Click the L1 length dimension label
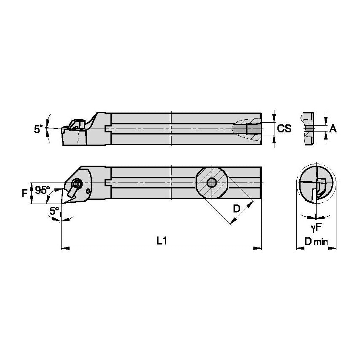point(162,241)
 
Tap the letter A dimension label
point(333,129)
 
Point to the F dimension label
point(24,193)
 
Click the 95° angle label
point(43,190)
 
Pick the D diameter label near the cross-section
point(236,209)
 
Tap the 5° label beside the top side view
point(38,129)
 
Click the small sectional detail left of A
point(308,128)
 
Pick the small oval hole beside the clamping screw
point(88,191)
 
